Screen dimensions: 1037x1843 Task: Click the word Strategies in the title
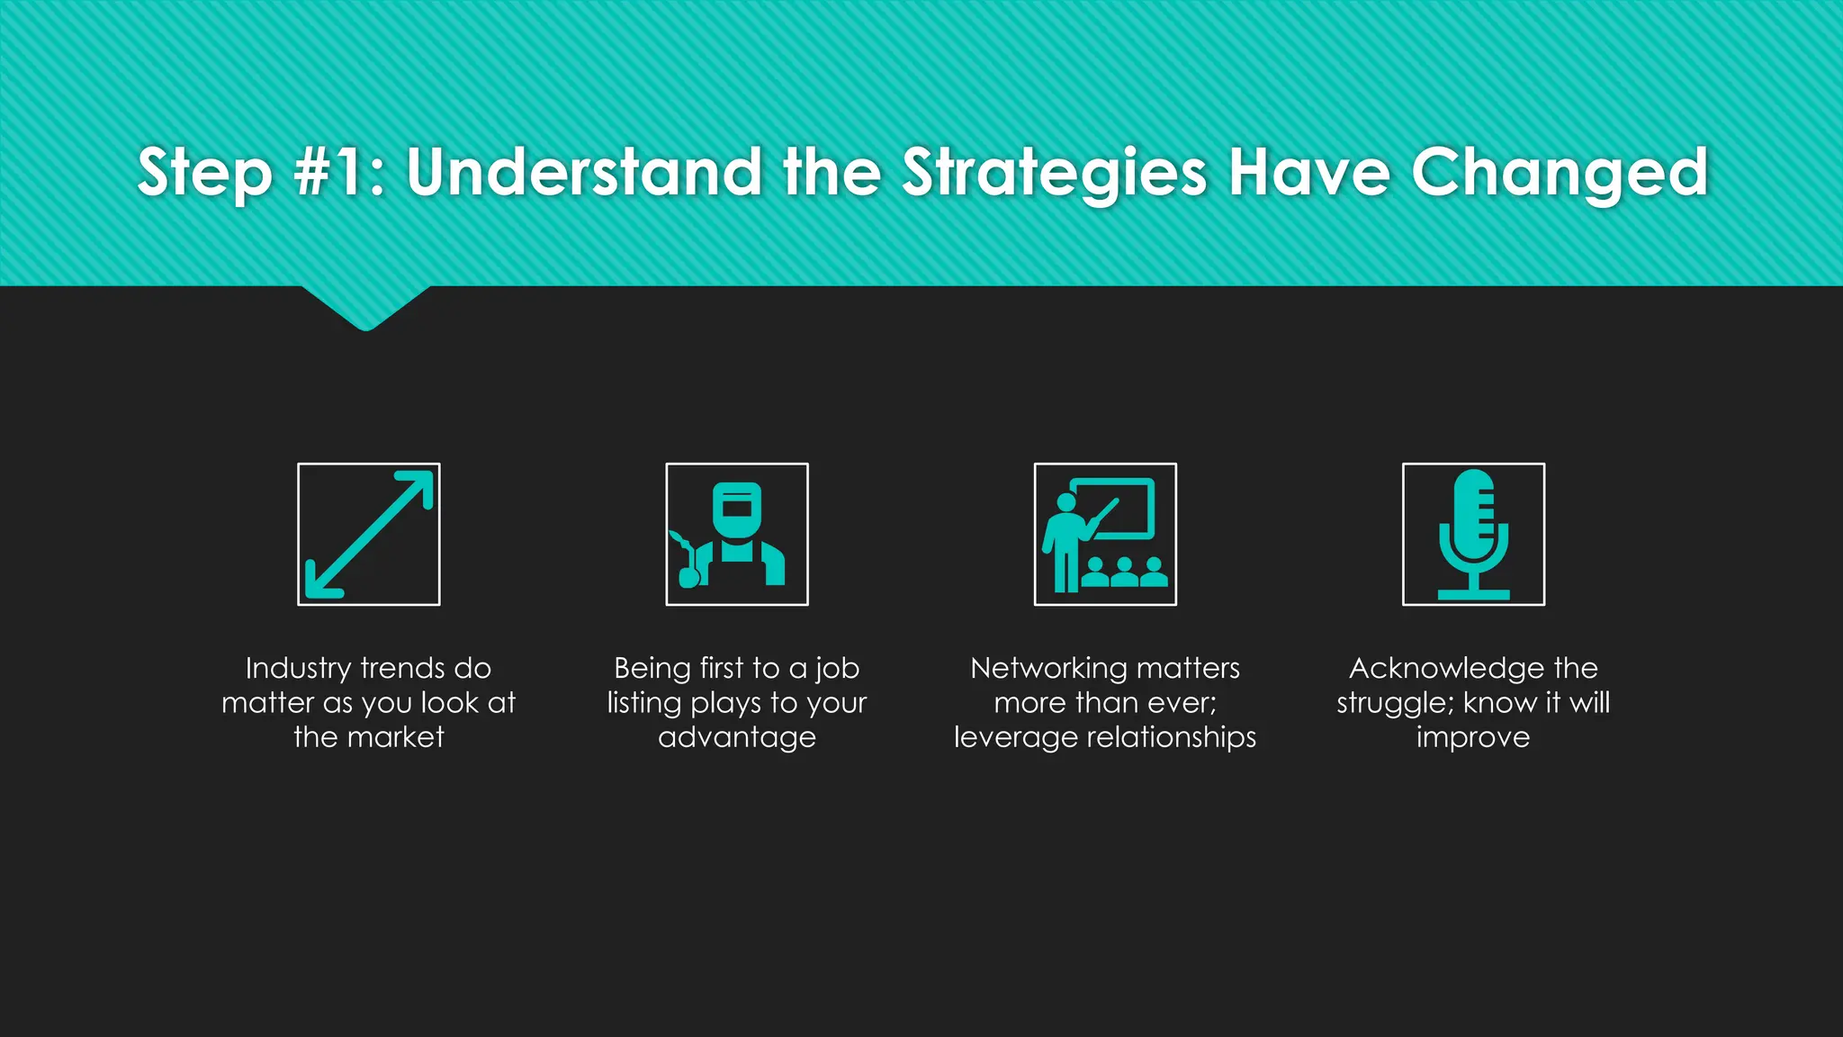[x=1054, y=173]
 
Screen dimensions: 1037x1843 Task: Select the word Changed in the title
[x=1559, y=173]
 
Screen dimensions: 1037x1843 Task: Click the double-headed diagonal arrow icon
[x=369, y=535]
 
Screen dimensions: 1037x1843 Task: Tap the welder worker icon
[x=737, y=535]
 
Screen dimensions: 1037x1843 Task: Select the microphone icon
[x=1473, y=535]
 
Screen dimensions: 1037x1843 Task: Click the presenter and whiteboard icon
[x=1105, y=535]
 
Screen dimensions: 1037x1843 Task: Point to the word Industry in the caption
[x=298, y=669]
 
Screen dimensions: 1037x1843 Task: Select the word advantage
[x=737, y=737]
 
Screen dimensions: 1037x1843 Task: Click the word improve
[x=1473, y=737]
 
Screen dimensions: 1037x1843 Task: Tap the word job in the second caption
[x=837, y=669]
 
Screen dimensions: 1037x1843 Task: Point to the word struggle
[x=1392, y=703]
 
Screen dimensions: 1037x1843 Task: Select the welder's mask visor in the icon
[x=737, y=506]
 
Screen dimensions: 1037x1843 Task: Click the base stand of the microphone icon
[x=1473, y=594]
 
